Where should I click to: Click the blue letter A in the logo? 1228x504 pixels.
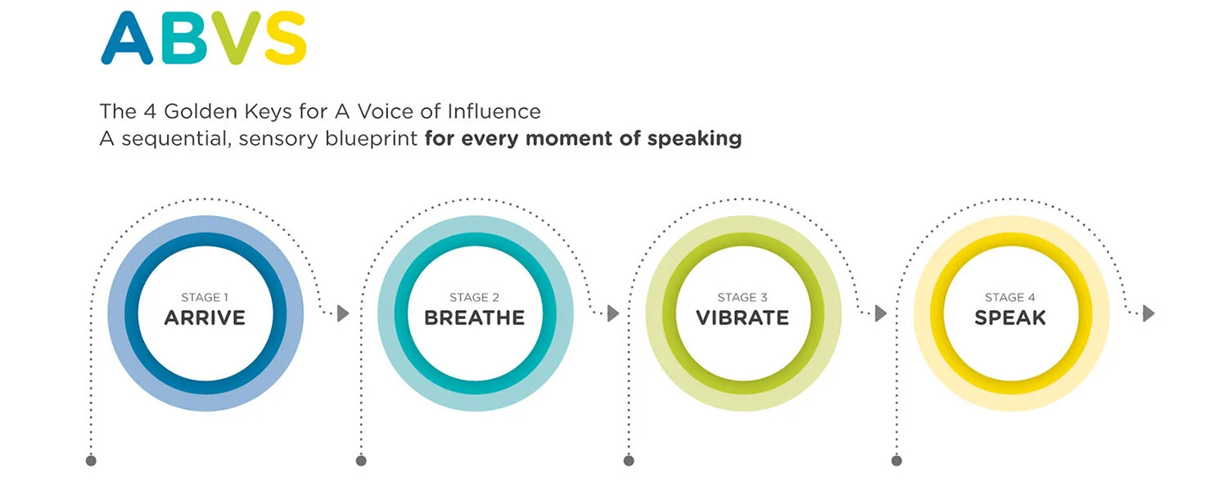click(127, 38)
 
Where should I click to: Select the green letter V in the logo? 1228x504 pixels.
click(235, 38)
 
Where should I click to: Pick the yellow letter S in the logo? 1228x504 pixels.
click(284, 38)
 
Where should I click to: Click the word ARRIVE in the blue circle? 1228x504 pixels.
click(205, 317)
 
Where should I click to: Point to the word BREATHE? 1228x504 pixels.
click(474, 317)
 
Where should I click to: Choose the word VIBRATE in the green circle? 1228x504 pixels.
click(743, 317)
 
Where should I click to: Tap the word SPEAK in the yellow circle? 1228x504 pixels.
click(1010, 317)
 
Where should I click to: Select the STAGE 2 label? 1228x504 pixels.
click(474, 298)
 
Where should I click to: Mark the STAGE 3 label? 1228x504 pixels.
click(743, 298)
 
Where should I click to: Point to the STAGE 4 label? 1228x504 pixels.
click(1010, 298)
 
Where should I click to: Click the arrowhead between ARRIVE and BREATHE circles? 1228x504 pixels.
click(343, 313)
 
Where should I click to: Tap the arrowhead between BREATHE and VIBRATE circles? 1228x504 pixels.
click(613, 313)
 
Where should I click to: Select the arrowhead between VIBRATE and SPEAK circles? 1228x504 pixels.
click(881, 313)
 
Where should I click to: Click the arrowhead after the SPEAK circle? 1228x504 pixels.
click(1149, 313)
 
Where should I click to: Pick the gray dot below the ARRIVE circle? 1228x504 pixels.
click(91, 461)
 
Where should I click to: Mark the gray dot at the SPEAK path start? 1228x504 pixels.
click(896, 461)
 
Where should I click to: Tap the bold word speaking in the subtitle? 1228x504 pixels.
click(694, 138)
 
